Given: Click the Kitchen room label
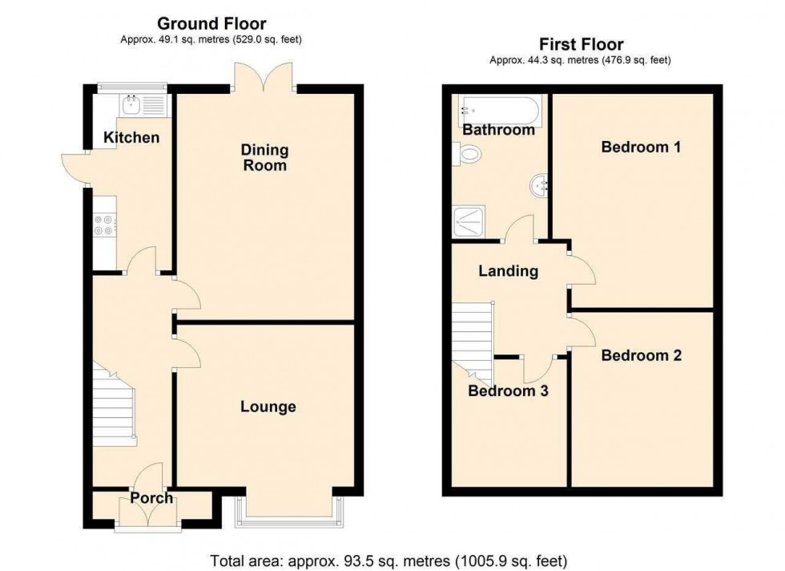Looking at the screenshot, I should click(x=131, y=138).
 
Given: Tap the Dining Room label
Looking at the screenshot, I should click(x=264, y=157).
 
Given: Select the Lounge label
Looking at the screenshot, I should click(x=268, y=407).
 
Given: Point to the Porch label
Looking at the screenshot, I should click(x=151, y=498).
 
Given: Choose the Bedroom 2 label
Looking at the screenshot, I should click(x=641, y=355).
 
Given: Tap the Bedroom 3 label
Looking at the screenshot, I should click(x=508, y=391).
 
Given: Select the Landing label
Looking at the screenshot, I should click(x=508, y=271).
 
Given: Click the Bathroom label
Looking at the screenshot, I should click(x=498, y=130).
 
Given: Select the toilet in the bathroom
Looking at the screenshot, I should click(x=466, y=153).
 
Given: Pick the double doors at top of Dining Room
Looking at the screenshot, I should click(x=265, y=78).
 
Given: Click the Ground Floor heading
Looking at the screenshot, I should click(x=211, y=24).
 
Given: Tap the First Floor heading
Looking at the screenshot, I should click(x=580, y=44).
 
